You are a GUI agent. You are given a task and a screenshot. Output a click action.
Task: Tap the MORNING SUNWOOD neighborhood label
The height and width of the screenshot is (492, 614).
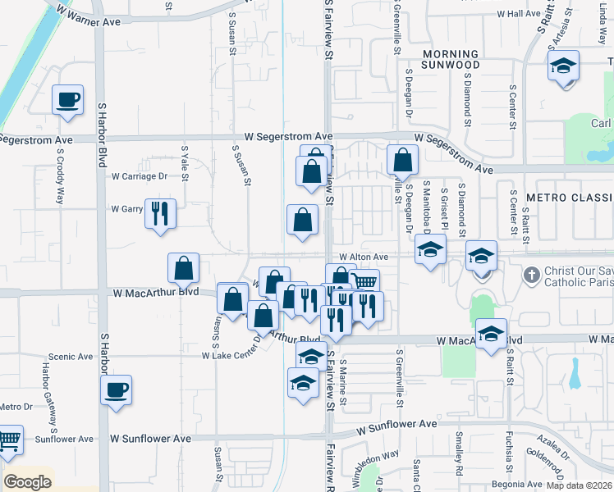450,58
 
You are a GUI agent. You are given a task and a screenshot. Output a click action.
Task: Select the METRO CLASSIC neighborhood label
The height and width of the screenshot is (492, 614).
569,198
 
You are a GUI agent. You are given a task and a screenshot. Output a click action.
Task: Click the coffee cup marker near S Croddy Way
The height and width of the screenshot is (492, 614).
68,100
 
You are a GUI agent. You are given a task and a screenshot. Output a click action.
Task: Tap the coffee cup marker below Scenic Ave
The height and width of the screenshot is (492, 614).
117,389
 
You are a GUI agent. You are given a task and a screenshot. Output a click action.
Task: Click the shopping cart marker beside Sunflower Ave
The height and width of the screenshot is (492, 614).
8,442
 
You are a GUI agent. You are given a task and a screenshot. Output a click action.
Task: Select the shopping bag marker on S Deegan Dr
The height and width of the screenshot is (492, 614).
402,160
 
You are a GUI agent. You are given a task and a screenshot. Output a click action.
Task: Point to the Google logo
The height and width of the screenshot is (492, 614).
28,482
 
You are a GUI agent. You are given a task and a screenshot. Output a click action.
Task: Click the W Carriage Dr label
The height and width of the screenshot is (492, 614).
140,176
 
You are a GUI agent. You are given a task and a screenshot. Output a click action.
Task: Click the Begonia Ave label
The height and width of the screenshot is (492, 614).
516,484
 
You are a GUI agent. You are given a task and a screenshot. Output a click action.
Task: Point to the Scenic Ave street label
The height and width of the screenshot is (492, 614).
71,357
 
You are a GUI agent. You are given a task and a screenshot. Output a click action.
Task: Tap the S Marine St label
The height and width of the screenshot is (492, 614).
342,376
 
